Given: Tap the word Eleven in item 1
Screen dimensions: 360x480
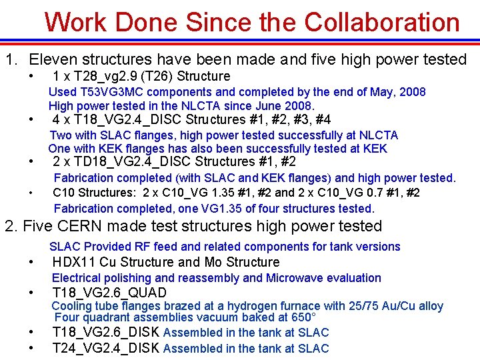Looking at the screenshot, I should (55, 59).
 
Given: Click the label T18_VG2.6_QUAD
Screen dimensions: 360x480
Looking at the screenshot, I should (109, 293).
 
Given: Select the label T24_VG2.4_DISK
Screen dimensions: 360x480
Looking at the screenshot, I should (105, 348).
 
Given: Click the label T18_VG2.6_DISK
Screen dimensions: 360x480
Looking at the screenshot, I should (105, 332).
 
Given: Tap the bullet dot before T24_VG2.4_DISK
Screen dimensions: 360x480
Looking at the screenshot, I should (31, 348).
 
